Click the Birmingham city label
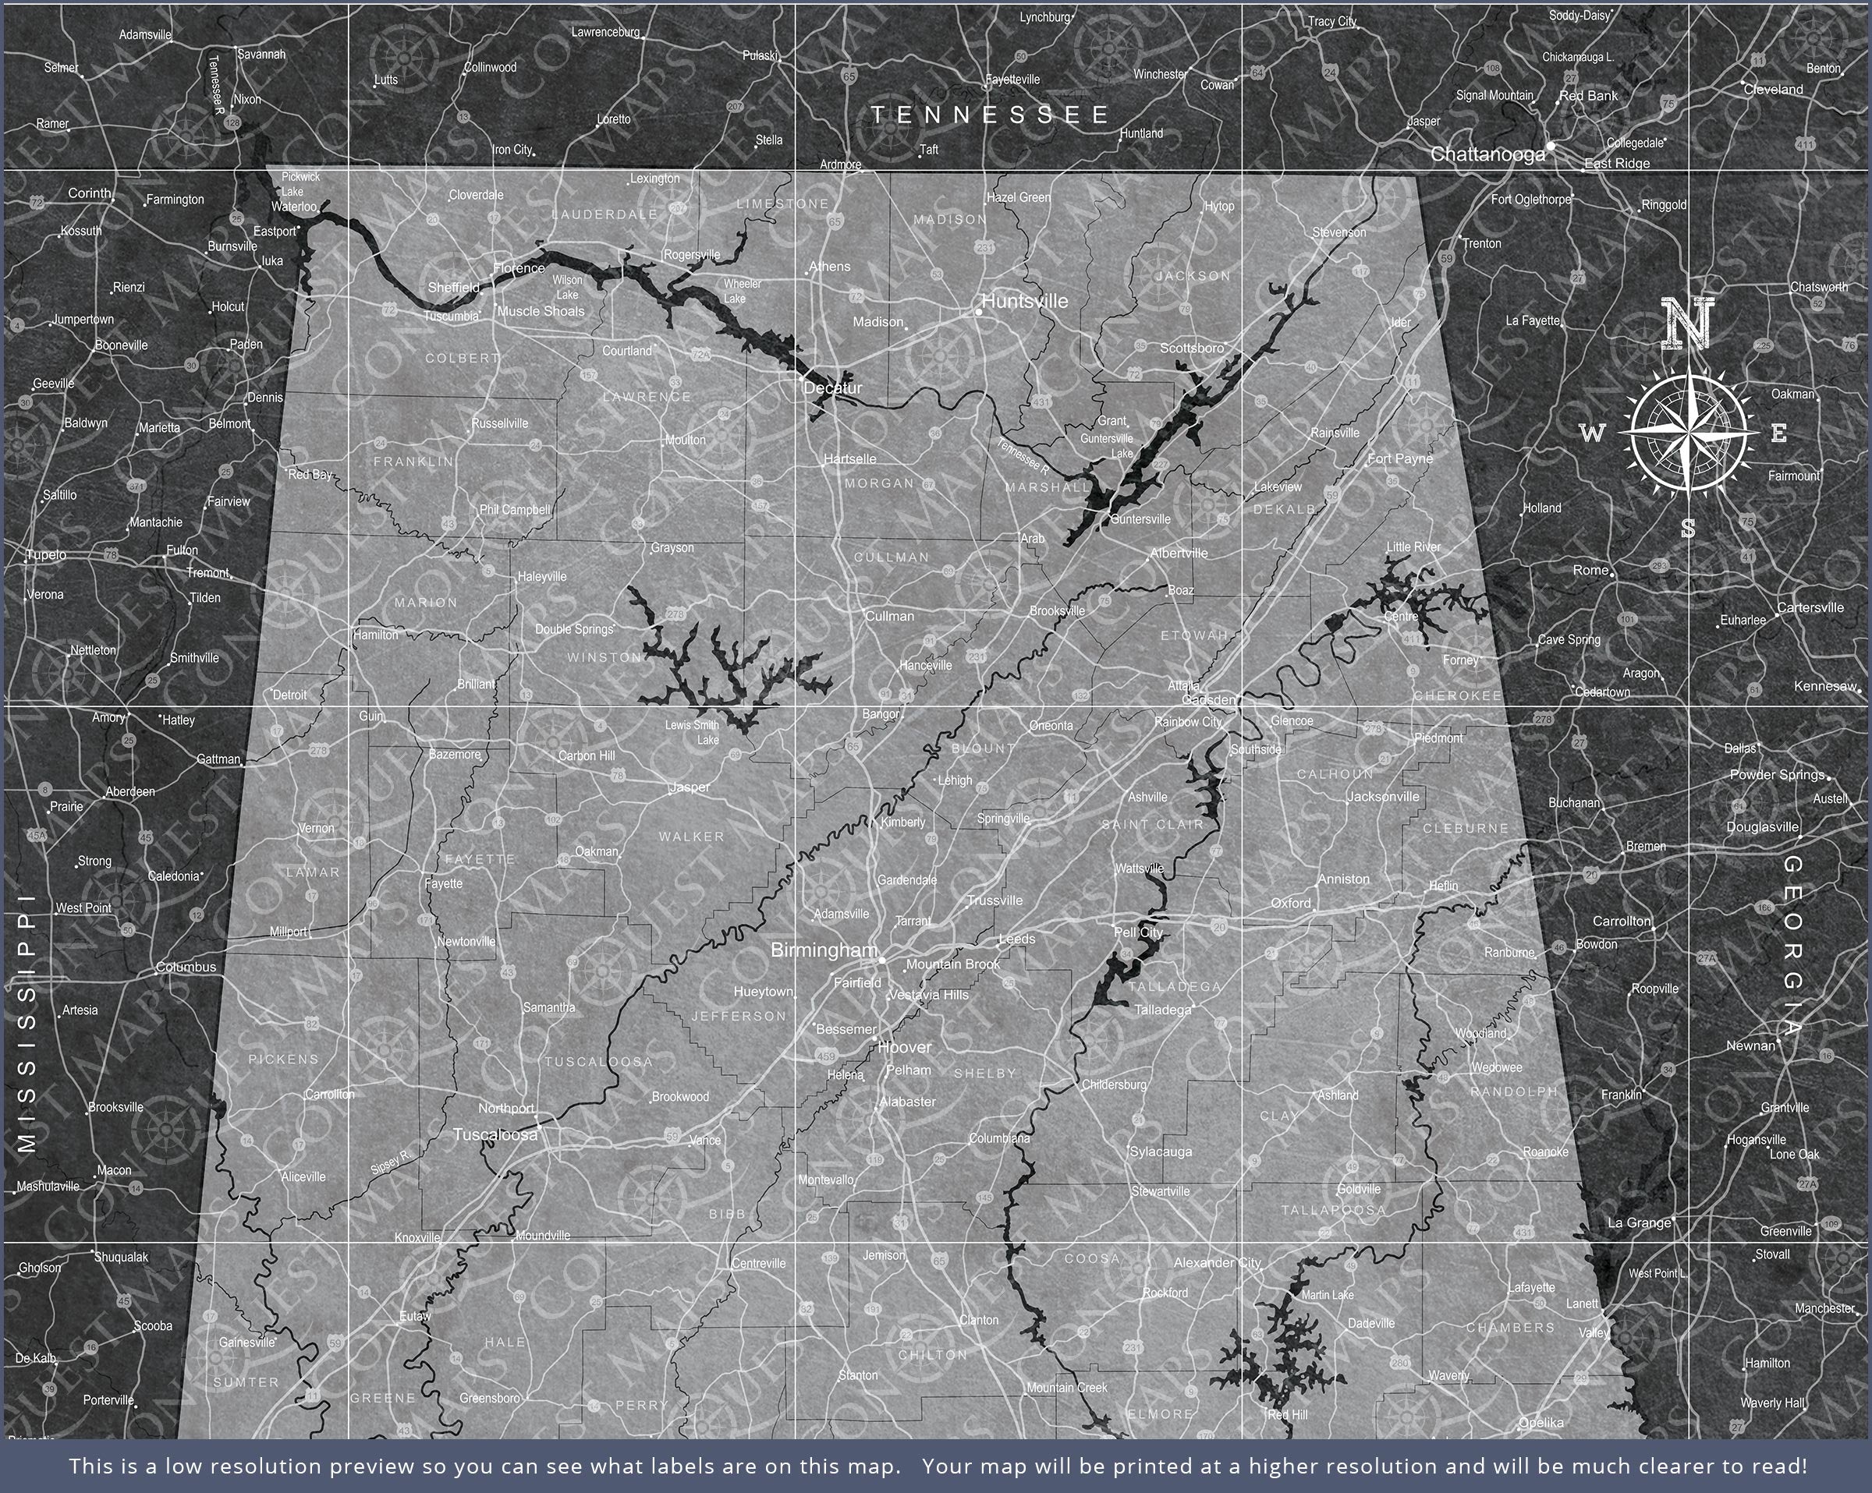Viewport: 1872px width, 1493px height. pos(823,950)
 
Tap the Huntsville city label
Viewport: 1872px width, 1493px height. pos(1025,301)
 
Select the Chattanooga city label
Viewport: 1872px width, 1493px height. pos(1487,154)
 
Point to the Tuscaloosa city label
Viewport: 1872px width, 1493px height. pos(495,1134)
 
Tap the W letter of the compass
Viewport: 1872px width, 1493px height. pos(1590,433)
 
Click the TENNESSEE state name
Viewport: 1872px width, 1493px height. pos(990,115)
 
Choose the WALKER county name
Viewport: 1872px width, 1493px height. pos(691,837)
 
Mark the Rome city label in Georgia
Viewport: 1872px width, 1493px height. pos(1590,570)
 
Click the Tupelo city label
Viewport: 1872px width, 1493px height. pos(46,554)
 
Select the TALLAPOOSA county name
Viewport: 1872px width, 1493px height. pos(1334,1210)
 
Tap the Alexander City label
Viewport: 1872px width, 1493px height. pos(1217,1263)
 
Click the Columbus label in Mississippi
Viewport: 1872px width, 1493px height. pos(186,967)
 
